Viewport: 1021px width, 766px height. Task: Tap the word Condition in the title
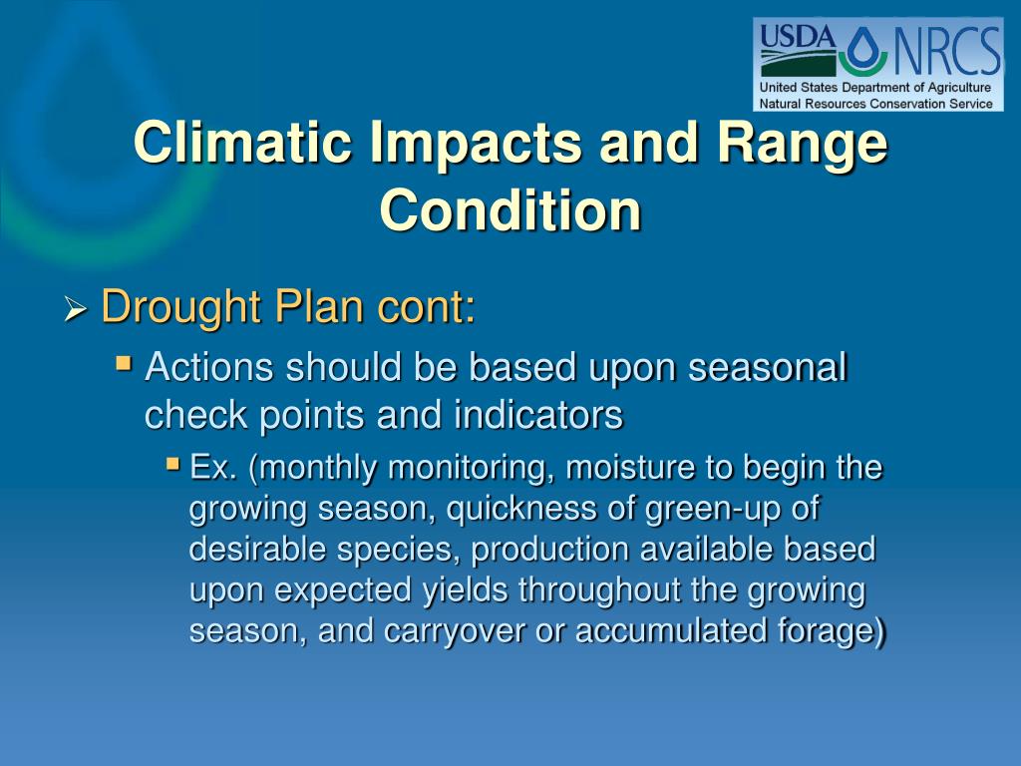click(510, 209)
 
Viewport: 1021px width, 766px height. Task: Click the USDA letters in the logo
click(797, 37)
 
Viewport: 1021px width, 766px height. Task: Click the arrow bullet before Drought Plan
click(76, 309)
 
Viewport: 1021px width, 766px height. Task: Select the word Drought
click(180, 307)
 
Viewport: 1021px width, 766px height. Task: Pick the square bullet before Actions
click(124, 362)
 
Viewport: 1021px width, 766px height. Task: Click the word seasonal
click(767, 367)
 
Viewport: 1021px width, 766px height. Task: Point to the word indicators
click(538, 415)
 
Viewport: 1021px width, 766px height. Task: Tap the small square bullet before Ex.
click(172, 463)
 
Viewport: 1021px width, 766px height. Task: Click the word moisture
click(630, 469)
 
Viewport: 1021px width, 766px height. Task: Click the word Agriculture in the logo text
click(959, 88)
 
